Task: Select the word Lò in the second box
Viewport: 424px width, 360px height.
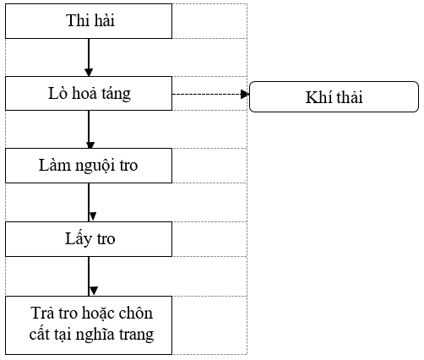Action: click(x=57, y=93)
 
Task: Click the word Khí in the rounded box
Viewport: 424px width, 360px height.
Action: click(x=318, y=97)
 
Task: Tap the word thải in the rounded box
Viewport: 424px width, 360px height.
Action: click(x=348, y=97)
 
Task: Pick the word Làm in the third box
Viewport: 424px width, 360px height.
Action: click(x=55, y=165)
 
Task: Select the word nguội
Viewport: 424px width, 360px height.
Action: click(x=95, y=166)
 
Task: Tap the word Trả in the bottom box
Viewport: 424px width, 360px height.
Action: click(x=41, y=313)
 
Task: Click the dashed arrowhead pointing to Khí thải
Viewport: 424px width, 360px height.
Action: click(x=245, y=94)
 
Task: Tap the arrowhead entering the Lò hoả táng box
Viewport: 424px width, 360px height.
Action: click(x=89, y=72)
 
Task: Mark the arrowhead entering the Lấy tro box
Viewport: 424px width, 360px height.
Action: click(x=93, y=216)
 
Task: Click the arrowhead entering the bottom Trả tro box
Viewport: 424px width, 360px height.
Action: click(x=94, y=291)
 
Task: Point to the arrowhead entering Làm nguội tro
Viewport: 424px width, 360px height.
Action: click(x=90, y=145)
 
